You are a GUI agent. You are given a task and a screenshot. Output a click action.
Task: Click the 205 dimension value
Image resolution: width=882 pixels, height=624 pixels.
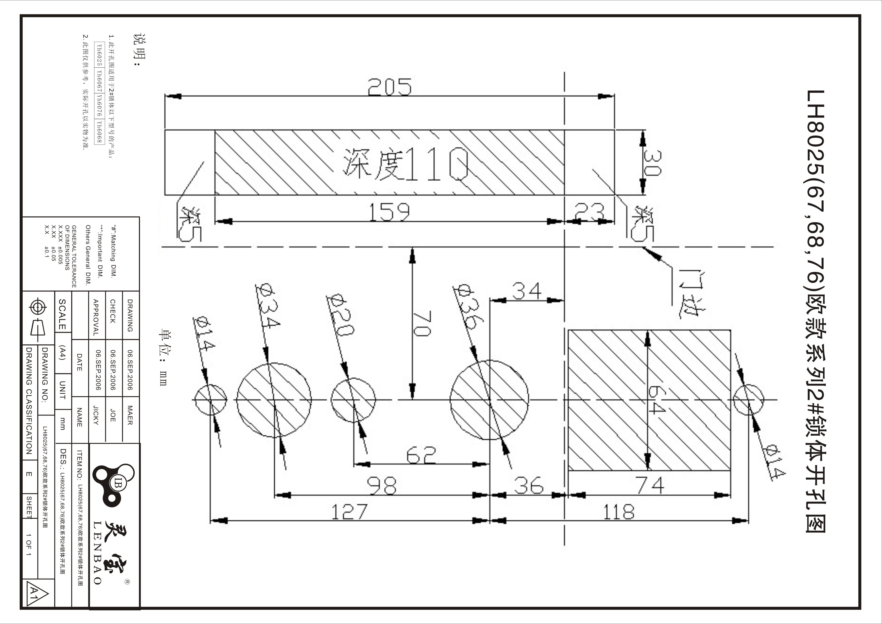point(389,87)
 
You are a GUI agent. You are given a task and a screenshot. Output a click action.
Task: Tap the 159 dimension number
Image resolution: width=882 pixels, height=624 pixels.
point(389,212)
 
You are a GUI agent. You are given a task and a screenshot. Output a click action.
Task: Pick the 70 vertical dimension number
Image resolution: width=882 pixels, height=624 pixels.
point(422,323)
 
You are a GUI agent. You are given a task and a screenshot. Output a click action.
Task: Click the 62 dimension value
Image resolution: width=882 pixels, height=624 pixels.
point(421,455)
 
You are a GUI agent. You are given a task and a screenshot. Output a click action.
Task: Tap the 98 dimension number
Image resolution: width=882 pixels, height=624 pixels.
point(382,486)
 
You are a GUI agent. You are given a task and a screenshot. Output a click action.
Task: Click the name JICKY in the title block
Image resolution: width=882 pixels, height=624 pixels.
point(96,415)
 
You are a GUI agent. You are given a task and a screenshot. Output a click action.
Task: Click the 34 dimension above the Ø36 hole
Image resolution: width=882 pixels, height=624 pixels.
point(527,291)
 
